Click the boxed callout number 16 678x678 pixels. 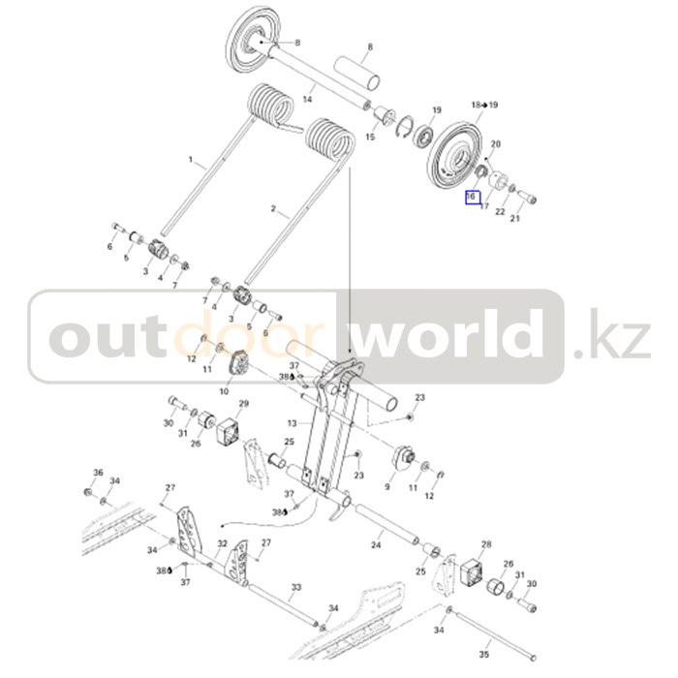pos(472,197)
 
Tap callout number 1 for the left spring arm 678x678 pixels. pos(191,160)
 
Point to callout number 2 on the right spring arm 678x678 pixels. pos(273,209)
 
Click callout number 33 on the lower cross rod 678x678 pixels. pos(296,588)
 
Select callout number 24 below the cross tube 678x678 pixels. pos(376,546)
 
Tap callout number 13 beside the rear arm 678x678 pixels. pos(292,423)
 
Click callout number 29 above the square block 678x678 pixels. pos(244,403)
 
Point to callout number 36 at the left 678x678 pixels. pos(98,472)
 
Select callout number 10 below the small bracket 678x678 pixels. pos(225,391)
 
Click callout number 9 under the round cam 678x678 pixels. pos(387,487)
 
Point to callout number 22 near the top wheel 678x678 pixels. pos(500,212)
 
